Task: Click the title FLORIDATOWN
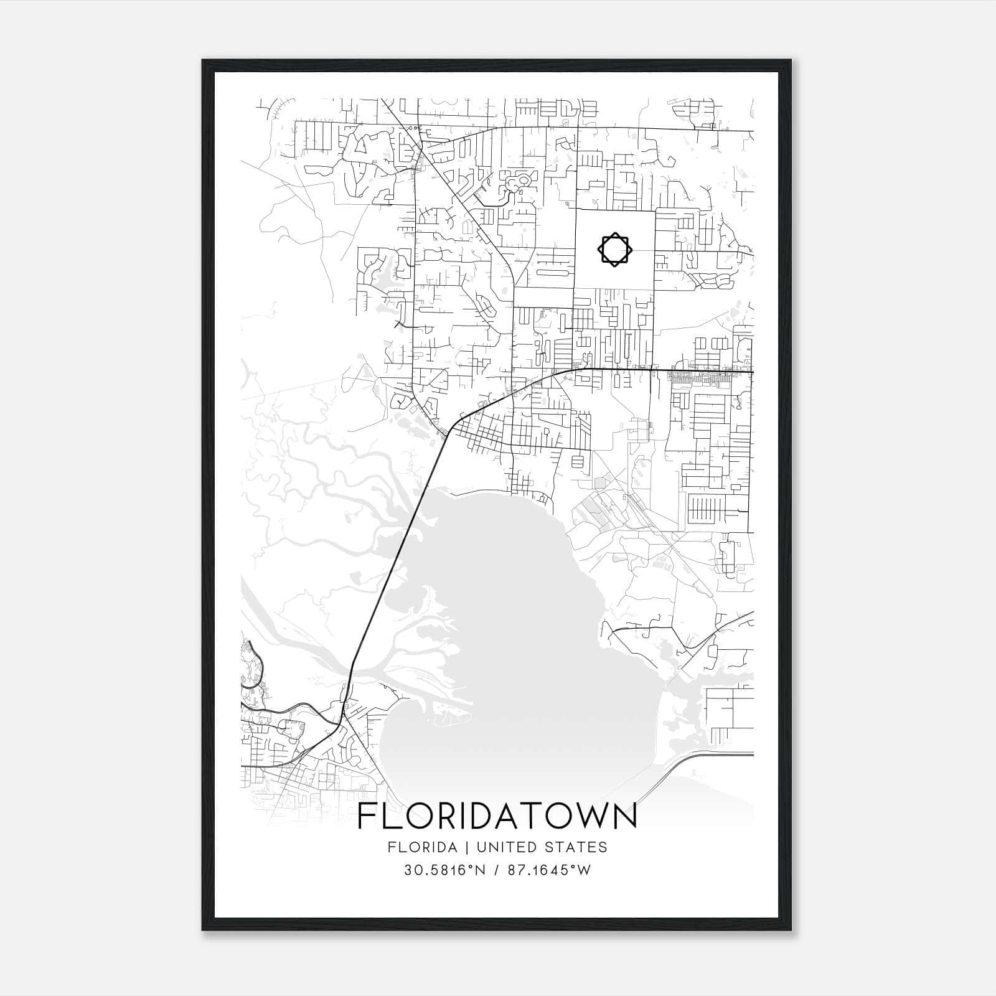[x=497, y=817]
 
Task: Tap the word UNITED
[x=499, y=847]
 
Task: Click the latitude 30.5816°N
[x=444, y=870]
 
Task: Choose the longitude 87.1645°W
[x=550, y=870]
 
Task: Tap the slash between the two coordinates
[x=497, y=870]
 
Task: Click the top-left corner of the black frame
[x=204, y=61]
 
